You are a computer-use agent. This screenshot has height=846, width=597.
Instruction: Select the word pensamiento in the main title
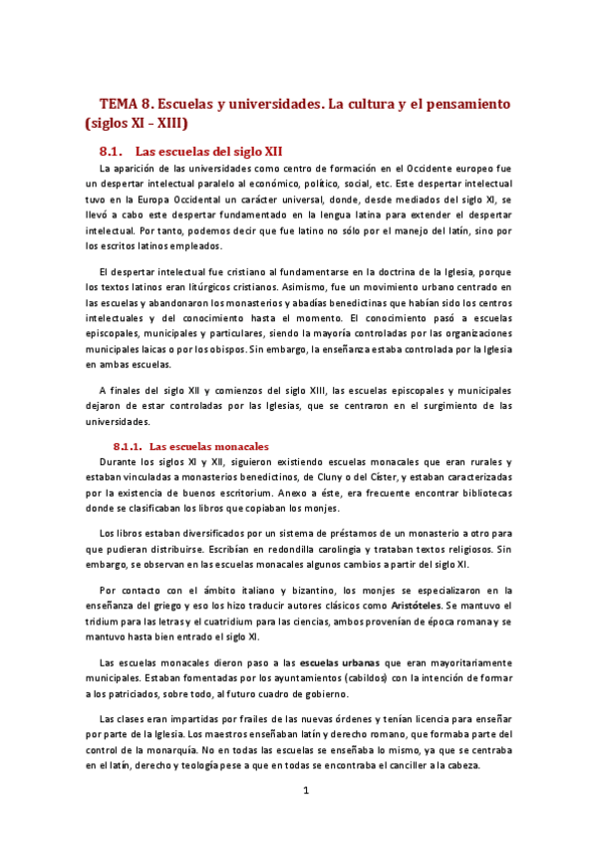461,103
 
